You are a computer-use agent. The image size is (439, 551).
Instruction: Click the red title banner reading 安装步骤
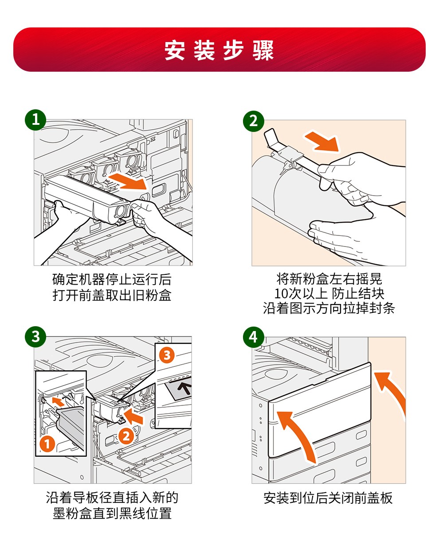coord(219,50)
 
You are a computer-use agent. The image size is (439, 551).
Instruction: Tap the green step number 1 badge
coord(35,119)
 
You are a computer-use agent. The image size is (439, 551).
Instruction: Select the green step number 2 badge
coord(254,121)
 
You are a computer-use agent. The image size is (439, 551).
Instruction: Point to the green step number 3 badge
coord(35,336)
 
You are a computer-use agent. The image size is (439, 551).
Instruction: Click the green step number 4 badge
coord(254,337)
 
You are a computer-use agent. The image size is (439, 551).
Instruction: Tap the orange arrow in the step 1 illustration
coord(128,181)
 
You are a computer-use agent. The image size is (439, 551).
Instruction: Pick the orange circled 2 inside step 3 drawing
coord(126,436)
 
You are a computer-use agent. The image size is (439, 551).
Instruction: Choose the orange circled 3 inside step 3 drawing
coord(167,355)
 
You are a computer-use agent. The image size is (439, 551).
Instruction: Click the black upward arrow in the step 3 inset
coord(185,388)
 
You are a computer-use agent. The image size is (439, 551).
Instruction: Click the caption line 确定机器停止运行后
coord(112,279)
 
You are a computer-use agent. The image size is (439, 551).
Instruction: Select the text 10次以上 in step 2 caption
coord(301,294)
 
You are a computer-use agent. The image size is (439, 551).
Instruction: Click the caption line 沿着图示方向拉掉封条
coord(329,308)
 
